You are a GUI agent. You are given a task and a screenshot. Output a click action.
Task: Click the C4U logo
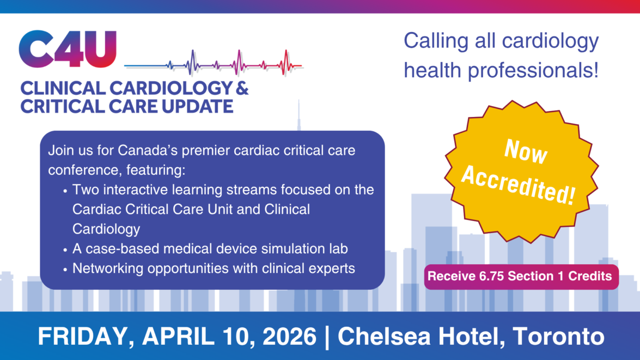click(68, 48)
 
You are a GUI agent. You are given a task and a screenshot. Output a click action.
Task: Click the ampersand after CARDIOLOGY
click(242, 88)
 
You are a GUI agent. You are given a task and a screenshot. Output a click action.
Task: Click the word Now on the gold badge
click(526, 151)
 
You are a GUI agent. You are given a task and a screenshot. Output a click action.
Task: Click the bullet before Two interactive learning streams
click(65, 191)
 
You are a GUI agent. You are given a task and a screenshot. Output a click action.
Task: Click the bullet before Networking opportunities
click(65, 270)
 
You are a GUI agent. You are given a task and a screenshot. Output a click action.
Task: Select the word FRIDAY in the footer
click(86, 337)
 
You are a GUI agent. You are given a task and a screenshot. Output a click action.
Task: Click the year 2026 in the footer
click(289, 337)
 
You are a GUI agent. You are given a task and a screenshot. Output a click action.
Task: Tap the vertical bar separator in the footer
click(327, 337)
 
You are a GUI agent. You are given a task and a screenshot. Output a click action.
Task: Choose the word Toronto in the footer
click(558, 337)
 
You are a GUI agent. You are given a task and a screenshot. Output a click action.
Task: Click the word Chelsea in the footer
click(384, 337)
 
